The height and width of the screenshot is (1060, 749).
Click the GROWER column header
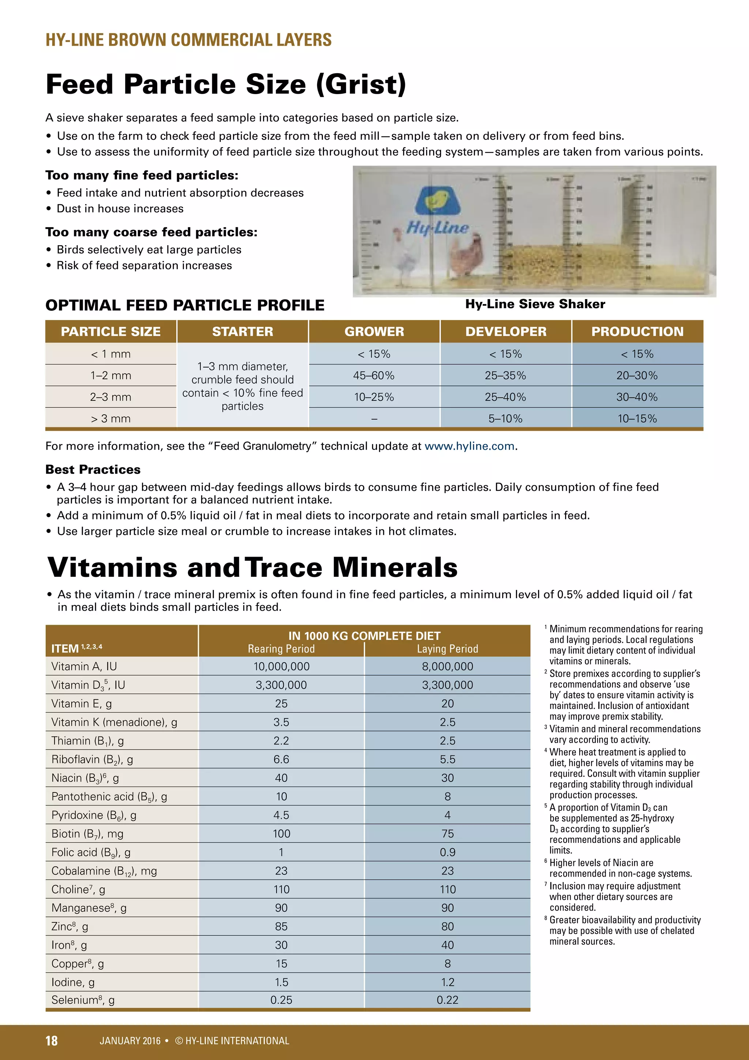point(374,332)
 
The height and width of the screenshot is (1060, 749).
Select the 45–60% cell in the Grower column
point(374,375)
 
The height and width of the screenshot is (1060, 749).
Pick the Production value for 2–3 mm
point(637,397)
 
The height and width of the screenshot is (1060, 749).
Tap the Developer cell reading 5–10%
point(505,419)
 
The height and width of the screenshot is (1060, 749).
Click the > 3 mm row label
point(111,419)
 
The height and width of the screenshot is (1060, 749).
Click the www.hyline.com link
point(469,446)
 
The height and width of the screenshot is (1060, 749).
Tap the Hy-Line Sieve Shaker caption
point(535,304)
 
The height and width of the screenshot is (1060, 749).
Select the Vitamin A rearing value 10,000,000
point(281,666)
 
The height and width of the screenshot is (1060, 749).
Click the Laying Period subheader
point(447,649)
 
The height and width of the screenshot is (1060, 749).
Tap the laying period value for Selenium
point(447,1000)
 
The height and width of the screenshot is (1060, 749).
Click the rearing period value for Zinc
point(281,926)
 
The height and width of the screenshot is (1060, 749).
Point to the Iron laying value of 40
point(447,945)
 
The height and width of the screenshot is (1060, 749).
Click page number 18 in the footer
point(52,1041)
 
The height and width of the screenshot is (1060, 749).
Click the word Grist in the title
point(361,85)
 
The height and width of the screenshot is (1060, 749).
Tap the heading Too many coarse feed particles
point(151,232)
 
